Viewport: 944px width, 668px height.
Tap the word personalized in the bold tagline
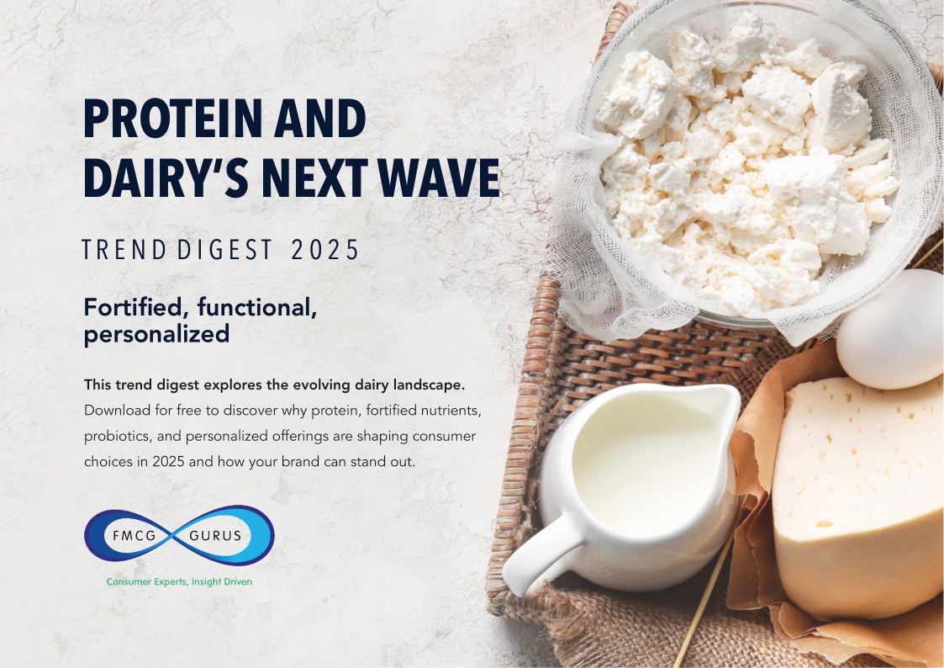(156, 334)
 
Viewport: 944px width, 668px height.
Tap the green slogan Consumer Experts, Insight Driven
(179, 581)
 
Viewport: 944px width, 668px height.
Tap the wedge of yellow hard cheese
(857, 496)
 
